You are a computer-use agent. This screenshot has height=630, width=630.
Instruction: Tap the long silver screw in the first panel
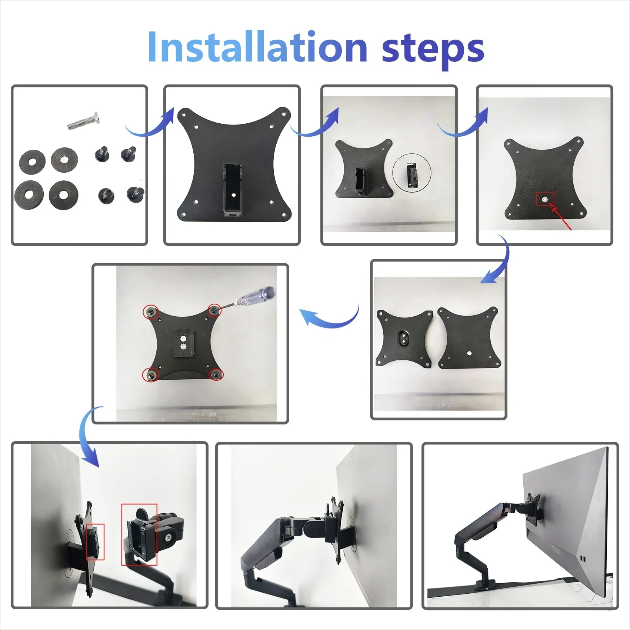pos(84,121)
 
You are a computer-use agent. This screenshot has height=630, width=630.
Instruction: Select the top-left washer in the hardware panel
pos(32,162)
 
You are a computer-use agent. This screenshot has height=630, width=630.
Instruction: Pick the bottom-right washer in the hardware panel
pos(64,195)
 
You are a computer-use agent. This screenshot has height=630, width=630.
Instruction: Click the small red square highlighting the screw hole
pos(545,199)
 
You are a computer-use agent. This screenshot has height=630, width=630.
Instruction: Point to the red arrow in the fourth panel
pos(561,219)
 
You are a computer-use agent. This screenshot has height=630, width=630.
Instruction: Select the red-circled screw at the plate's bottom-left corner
pos(151,375)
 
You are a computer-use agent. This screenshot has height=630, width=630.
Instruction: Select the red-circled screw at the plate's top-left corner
pos(151,312)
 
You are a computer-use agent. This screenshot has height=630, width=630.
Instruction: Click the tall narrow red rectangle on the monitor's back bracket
pos(95,541)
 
